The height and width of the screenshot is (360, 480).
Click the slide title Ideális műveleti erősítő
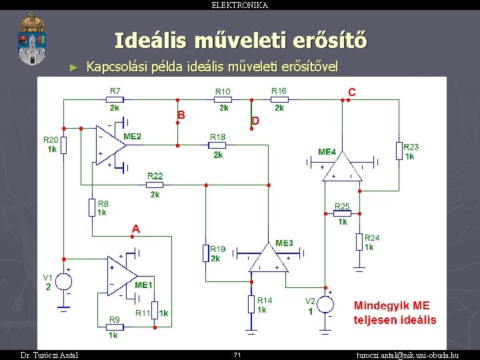pyautogui.click(x=240, y=41)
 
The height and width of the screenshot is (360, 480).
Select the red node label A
pyautogui.click(x=135, y=229)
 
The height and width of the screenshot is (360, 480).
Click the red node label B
pyautogui.click(x=181, y=115)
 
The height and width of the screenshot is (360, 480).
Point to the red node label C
pyautogui.click(x=351, y=91)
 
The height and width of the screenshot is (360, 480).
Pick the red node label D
pyautogui.click(x=255, y=121)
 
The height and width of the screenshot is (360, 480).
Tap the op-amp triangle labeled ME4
pyautogui.click(x=341, y=167)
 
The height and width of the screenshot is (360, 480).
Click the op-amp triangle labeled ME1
pyautogui.click(x=121, y=275)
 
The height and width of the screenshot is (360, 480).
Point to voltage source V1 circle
pyautogui.click(x=63, y=281)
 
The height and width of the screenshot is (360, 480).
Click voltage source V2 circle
pyautogui.click(x=325, y=304)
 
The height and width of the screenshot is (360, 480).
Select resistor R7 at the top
pyautogui.click(x=115, y=101)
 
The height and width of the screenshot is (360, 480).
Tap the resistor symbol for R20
pyautogui.click(x=63, y=146)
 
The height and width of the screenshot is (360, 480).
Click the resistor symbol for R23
pyautogui.click(x=399, y=151)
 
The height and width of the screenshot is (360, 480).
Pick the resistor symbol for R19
pyautogui.click(x=206, y=253)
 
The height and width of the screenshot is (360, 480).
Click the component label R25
pyautogui.click(x=342, y=206)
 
